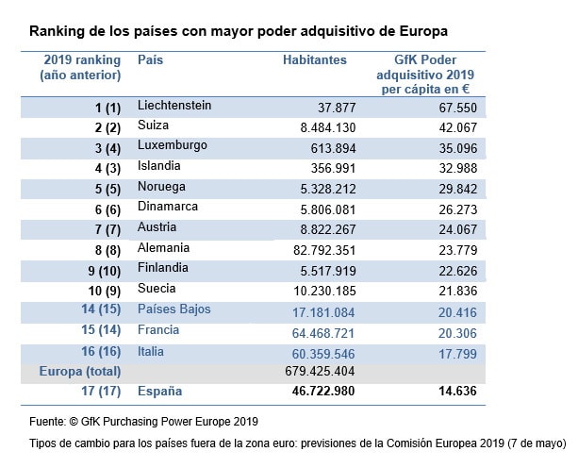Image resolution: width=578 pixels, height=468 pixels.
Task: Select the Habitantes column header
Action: pos(315,60)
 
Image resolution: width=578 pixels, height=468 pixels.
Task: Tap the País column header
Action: pos(150,59)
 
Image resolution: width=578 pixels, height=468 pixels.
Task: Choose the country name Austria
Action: pos(157,227)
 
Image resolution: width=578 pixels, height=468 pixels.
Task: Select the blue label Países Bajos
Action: pos(174,309)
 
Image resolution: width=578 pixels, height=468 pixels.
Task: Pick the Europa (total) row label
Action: pos(81,372)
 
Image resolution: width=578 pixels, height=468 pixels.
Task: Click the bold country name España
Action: pos(160,392)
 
